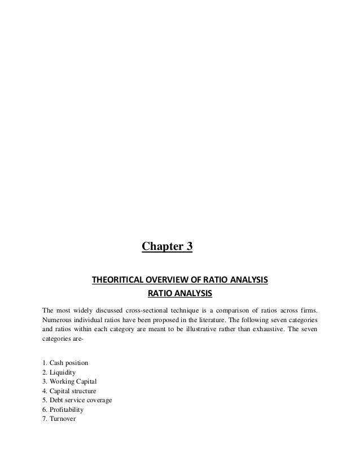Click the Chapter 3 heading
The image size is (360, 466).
(166, 247)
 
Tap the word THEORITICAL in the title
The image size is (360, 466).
(117, 280)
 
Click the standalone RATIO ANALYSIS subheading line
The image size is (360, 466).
(179, 293)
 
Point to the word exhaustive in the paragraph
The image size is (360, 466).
(259, 331)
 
